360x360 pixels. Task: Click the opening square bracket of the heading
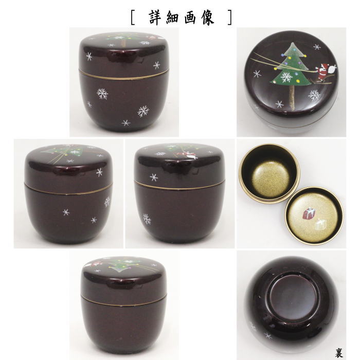[133, 16]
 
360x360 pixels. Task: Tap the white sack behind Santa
[333, 66]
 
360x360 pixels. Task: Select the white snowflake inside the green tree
[286, 78]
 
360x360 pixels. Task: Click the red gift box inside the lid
[311, 213]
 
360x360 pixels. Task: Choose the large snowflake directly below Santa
[314, 95]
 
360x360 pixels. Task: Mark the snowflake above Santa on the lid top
[317, 47]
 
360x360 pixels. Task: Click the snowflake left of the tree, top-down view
[257, 74]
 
